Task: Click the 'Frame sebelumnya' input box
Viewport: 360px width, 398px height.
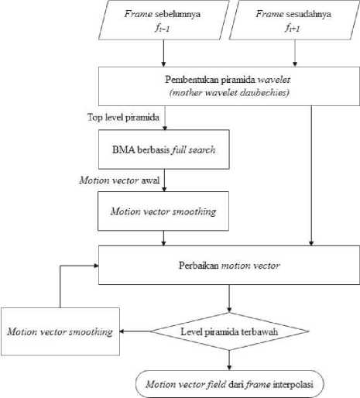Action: click(x=164, y=20)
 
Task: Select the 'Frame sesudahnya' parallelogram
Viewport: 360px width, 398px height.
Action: click(x=294, y=20)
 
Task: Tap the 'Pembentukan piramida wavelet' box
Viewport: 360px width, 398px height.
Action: click(x=229, y=86)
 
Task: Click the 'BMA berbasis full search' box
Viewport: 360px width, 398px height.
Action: click(x=164, y=149)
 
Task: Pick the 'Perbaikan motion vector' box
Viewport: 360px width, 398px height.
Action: click(x=229, y=265)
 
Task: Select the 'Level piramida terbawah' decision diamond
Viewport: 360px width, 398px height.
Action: click(x=229, y=331)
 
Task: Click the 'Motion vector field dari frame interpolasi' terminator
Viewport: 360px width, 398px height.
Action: click(x=229, y=384)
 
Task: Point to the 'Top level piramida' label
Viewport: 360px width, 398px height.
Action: click(x=123, y=118)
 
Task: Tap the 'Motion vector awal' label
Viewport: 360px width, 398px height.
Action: click(x=119, y=180)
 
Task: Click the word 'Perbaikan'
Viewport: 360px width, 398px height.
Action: click(x=199, y=266)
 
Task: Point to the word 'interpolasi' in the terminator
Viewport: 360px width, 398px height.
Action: click(x=293, y=384)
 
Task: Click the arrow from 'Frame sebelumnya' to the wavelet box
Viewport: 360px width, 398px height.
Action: click(x=163, y=53)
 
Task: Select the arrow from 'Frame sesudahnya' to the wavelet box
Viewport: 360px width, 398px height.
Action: click(x=295, y=53)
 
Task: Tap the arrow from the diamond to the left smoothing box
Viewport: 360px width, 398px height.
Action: click(x=135, y=331)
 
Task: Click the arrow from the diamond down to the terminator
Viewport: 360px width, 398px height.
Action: click(x=229, y=360)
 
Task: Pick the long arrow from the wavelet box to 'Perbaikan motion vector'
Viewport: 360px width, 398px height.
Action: click(x=311, y=176)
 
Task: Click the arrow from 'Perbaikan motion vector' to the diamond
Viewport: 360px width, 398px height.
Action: click(x=229, y=299)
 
